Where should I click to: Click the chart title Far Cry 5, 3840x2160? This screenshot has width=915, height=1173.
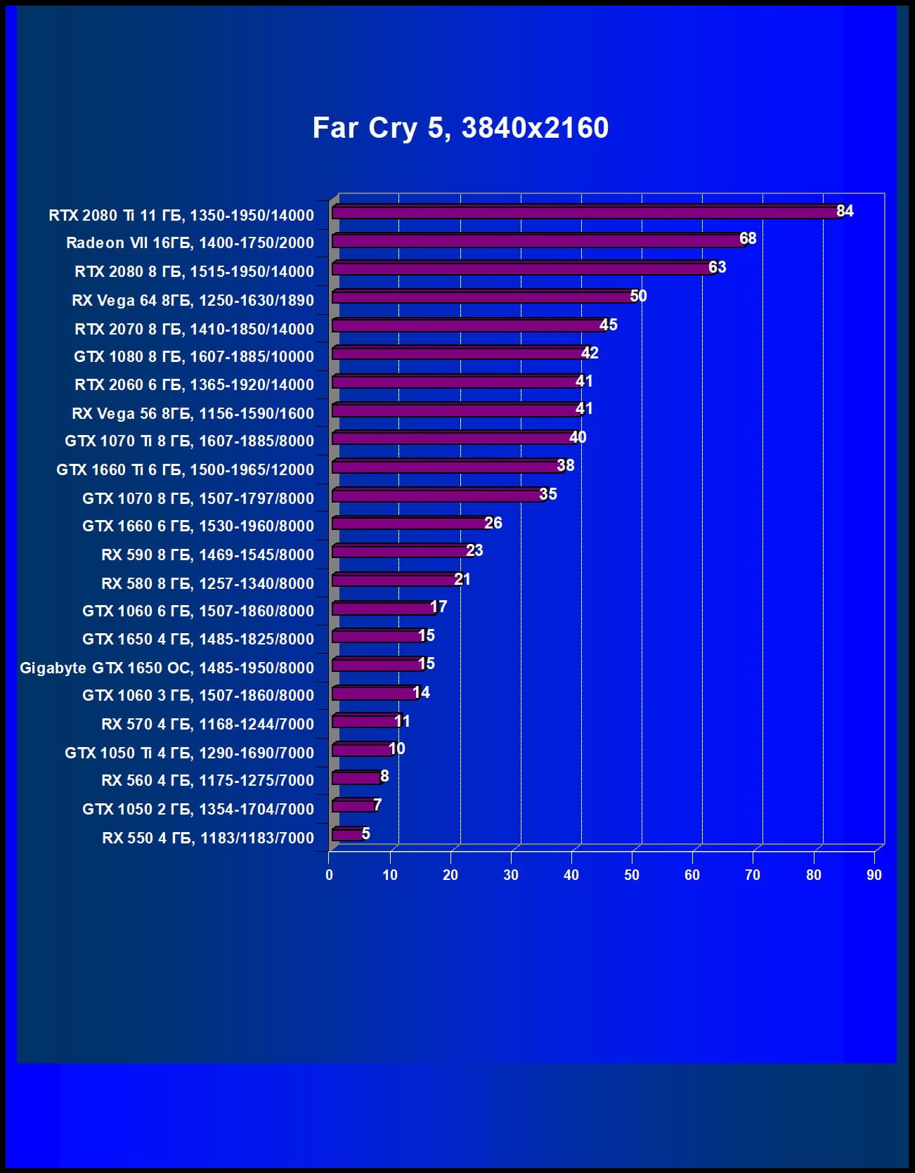[x=460, y=128]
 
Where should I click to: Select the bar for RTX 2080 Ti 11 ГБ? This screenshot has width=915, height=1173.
[x=587, y=212]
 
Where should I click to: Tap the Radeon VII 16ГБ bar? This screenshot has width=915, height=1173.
[x=538, y=241]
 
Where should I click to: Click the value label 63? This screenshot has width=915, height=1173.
[x=717, y=267]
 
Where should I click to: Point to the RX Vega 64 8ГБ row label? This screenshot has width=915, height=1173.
[x=193, y=300]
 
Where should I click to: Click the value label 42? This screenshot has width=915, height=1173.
[x=590, y=353]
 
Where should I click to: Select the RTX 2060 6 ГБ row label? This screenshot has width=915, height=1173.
[x=194, y=384]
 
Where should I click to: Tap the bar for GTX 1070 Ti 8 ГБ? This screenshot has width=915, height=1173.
[x=454, y=439]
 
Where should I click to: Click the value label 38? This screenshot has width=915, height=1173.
[x=566, y=465]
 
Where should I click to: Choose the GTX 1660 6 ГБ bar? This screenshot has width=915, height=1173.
[x=411, y=524]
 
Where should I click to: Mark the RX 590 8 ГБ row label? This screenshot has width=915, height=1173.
[x=207, y=555]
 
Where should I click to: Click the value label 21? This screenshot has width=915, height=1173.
[x=462, y=579]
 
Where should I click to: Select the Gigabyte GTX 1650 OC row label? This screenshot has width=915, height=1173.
[x=167, y=668]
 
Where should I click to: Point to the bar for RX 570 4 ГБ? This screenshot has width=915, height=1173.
[x=365, y=721]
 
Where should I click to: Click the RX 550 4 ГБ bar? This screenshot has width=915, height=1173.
[x=348, y=834]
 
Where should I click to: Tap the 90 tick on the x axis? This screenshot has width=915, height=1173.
[x=874, y=875]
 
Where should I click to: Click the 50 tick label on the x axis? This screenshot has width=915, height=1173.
[x=632, y=875]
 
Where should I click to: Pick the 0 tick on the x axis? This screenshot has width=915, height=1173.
[x=329, y=875]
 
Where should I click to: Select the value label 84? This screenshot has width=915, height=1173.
[x=845, y=211]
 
